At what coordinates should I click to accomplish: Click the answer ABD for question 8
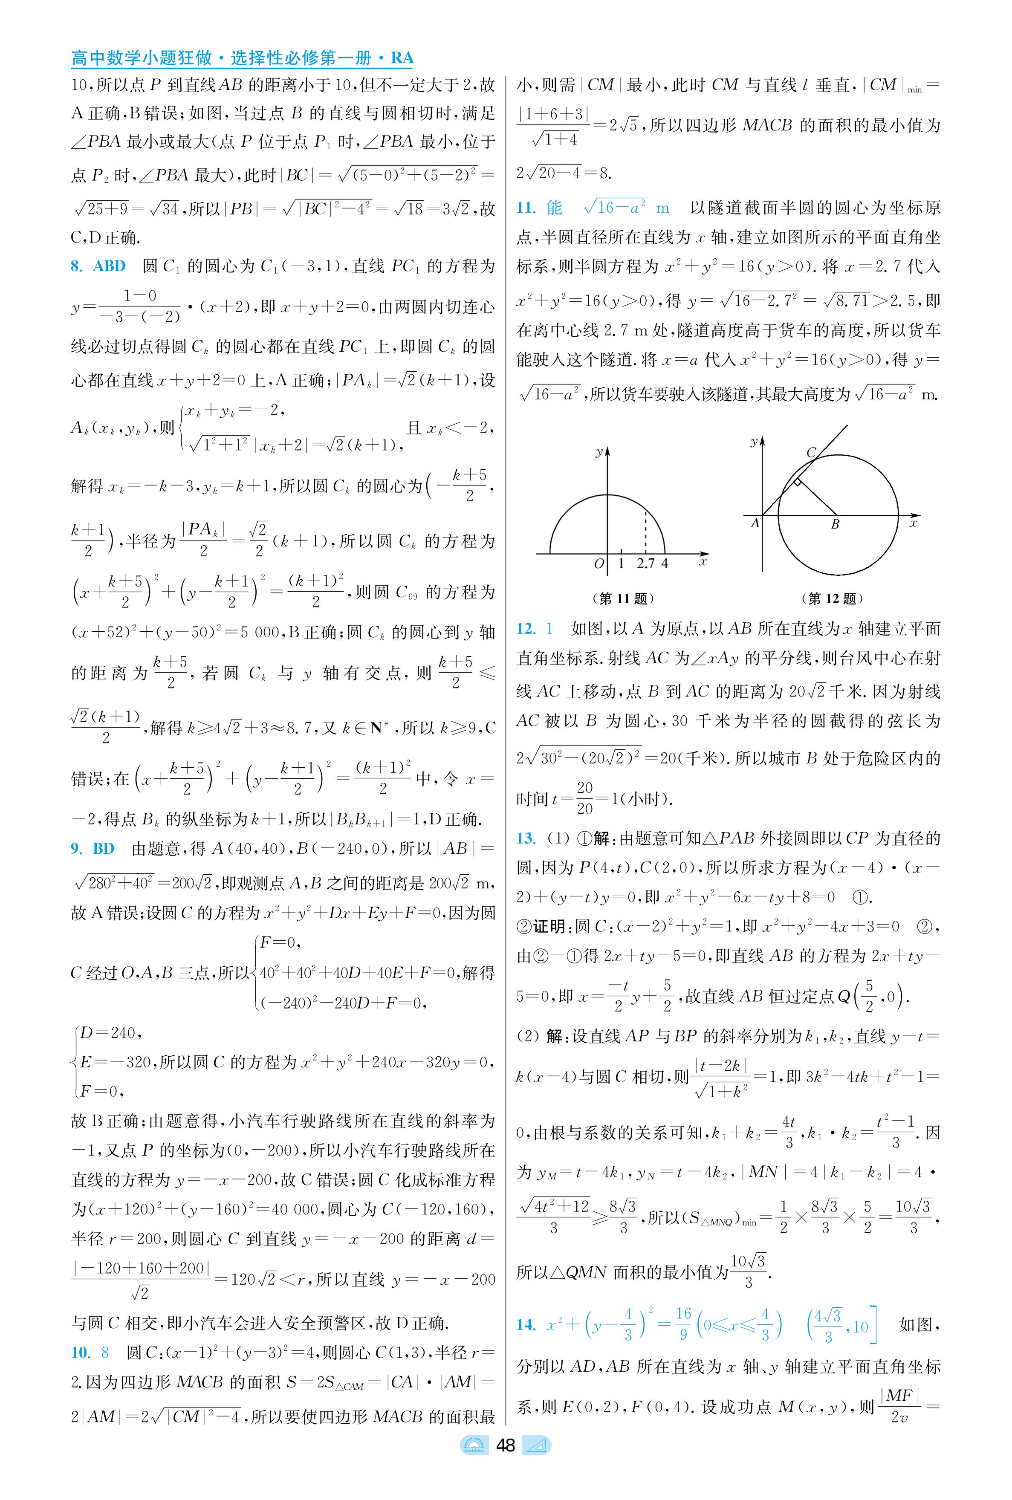[109, 266]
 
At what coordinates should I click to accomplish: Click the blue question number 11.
[526, 208]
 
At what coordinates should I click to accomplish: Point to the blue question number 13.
[526, 838]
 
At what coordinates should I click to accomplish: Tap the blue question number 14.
[526, 1324]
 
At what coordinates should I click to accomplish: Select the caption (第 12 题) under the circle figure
[832, 599]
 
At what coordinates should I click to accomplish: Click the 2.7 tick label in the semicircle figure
[645, 563]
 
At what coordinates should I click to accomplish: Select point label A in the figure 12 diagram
[755, 523]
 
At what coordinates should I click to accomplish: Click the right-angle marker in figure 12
[798, 482]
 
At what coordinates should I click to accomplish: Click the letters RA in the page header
[402, 58]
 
